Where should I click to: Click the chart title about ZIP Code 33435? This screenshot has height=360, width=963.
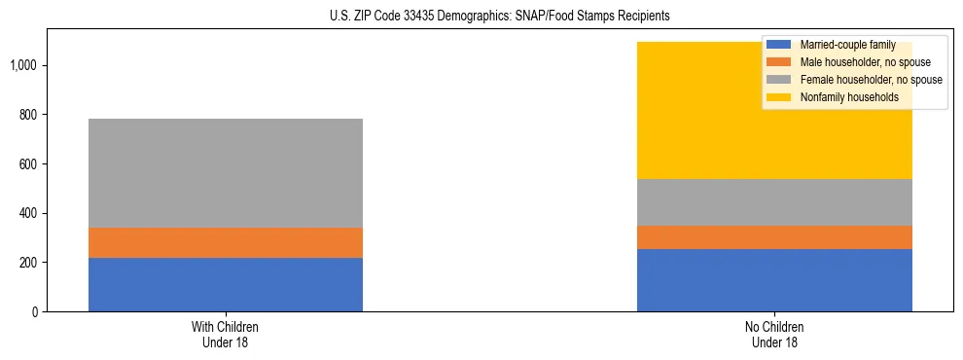click(x=481, y=17)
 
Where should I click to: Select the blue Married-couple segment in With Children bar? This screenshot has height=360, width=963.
click(x=226, y=284)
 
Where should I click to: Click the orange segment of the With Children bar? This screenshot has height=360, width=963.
click(x=226, y=242)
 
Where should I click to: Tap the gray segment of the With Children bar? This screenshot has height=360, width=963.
click(x=226, y=173)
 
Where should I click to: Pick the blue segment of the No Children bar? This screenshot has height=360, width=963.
click(x=774, y=280)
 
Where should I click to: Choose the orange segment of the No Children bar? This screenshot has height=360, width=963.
click(x=774, y=237)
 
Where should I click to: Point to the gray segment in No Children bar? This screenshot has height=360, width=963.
click(x=774, y=202)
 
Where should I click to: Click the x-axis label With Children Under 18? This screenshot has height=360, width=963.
click(x=226, y=334)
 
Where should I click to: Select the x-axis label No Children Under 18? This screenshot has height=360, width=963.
click(x=774, y=334)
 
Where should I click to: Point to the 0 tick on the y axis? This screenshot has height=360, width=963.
click(x=34, y=312)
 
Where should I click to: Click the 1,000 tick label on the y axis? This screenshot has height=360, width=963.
click(x=24, y=65)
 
